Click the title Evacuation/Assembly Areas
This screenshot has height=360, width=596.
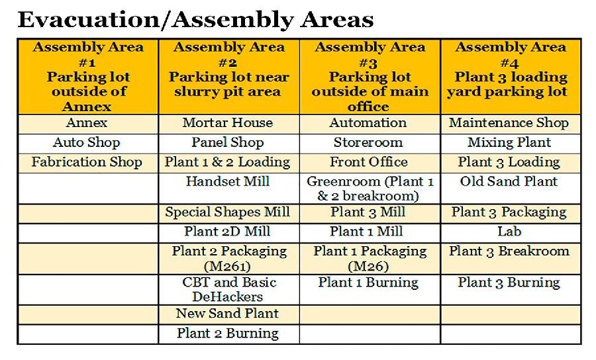pos(195,20)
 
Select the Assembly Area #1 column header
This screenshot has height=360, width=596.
pos(88,76)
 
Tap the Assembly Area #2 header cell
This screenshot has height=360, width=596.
pos(229,76)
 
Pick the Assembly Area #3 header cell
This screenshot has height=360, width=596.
pos(370,76)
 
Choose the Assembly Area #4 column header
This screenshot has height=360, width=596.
pos(511,76)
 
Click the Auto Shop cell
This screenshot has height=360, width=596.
pos(88,143)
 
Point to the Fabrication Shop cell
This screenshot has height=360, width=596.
pos(88,163)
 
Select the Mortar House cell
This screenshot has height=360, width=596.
pos(229,123)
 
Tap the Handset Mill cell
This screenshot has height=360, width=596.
pos(229,189)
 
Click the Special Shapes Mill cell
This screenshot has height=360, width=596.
pos(229,213)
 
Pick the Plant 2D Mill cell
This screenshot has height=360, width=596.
pos(229,233)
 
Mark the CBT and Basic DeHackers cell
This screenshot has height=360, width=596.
pos(229,289)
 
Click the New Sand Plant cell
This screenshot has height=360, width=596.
pos(229,314)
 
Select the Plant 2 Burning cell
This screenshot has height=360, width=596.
pos(229,334)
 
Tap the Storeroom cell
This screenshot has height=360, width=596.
pos(370,143)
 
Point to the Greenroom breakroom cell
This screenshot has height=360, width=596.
pos(370,189)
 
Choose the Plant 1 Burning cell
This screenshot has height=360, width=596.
pos(370,289)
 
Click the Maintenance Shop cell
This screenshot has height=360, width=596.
pos(511,123)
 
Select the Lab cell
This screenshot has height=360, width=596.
pos(511,233)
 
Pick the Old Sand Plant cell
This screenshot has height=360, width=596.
pos(511,189)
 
